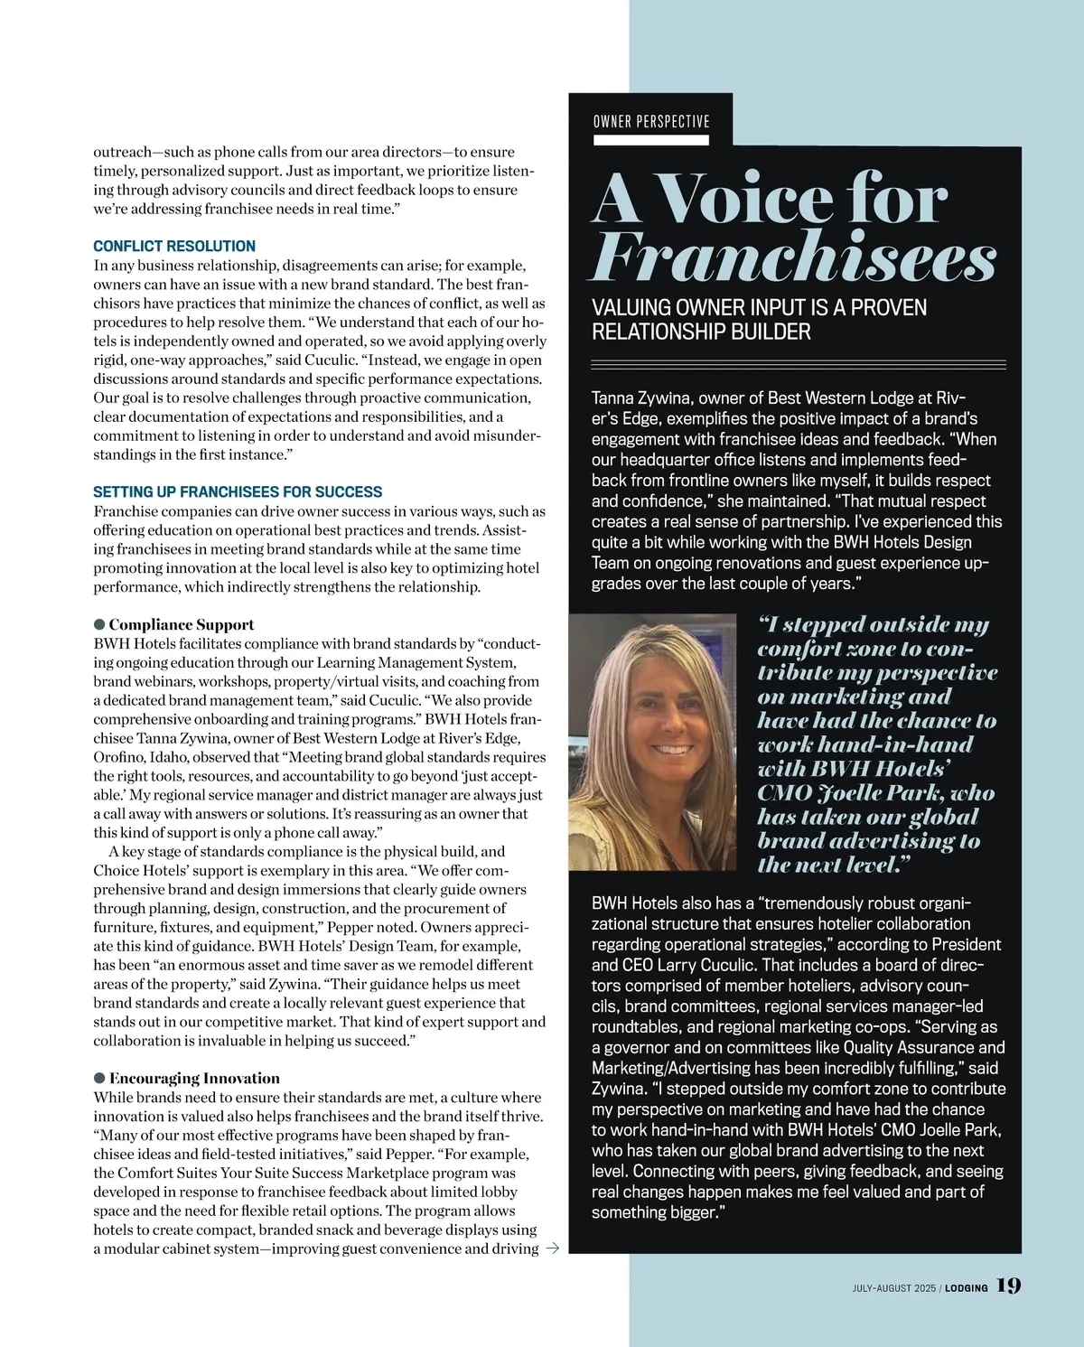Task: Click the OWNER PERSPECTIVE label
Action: pos(651,122)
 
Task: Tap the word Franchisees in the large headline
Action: pos(794,259)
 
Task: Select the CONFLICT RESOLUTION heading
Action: pos(174,246)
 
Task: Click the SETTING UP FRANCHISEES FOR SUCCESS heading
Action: pos(238,492)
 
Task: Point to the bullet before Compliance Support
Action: pos(99,624)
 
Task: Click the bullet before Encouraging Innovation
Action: pos(99,1078)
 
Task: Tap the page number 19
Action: pos(1008,1286)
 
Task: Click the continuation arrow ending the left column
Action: pos(553,1249)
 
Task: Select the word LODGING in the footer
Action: pos(967,1287)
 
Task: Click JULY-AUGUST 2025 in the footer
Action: pos(893,1287)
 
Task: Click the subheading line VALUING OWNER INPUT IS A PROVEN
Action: pos(759,308)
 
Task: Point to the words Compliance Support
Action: pos(182,624)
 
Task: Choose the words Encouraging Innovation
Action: pos(194,1078)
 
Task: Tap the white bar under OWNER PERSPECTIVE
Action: pos(651,140)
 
